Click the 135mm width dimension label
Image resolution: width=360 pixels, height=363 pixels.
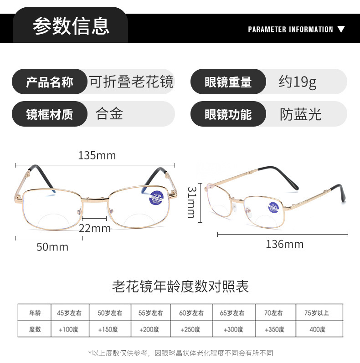pyautogui.click(x=97, y=155)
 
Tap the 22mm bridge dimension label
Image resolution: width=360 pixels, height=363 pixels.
pyautogui.click(x=95, y=228)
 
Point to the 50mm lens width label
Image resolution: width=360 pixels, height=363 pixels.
pyautogui.click(x=52, y=247)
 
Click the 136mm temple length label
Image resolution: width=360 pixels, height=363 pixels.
pyautogui.click(x=284, y=245)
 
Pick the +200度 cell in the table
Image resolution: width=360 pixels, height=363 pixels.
pyautogui.click(x=149, y=329)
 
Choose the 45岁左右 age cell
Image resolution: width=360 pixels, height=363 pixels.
pyautogui.click(x=69, y=313)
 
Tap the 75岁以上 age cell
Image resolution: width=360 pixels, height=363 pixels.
pyautogui.click(x=316, y=313)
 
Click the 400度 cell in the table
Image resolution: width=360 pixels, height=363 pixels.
pyautogui.click(x=317, y=329)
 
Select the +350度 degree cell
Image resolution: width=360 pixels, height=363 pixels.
pyautogui.click(x=274, y=329)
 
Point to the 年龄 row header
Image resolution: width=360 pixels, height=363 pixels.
pyautogui.click(x=35, y=313)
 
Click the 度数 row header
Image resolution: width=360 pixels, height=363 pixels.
pyautogui.click(x=35, y=329)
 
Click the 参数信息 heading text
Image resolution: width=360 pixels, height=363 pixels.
pyautogui.click(x=71, y=26)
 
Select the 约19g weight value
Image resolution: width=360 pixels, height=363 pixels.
pyautogui.click(x=298, y=82)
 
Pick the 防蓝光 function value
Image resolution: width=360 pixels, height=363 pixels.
pyautogui.click(x=301, y=114)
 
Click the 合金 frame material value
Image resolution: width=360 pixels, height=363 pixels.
pyautogui.click(x=109, y=114)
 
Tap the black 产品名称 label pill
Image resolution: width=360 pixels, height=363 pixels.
pyautogui.click(x=49, y=82)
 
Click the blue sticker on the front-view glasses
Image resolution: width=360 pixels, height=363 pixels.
pyautogui.click(x=158, y=198)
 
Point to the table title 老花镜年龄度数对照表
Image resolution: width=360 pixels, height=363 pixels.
pyautogui.click(x=180, y=286)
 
